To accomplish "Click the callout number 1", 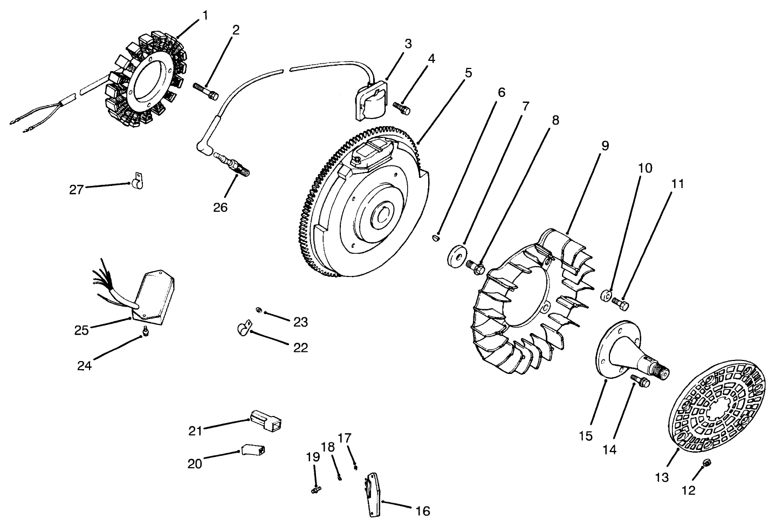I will (x=204, y=16).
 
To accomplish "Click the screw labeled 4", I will (x=402, y=108).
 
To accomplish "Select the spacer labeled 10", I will (x=607, y=295).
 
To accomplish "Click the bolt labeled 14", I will (x=641, y=381).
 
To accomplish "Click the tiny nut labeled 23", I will (x=259, y=310).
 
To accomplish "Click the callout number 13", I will (x=662, y=477).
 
